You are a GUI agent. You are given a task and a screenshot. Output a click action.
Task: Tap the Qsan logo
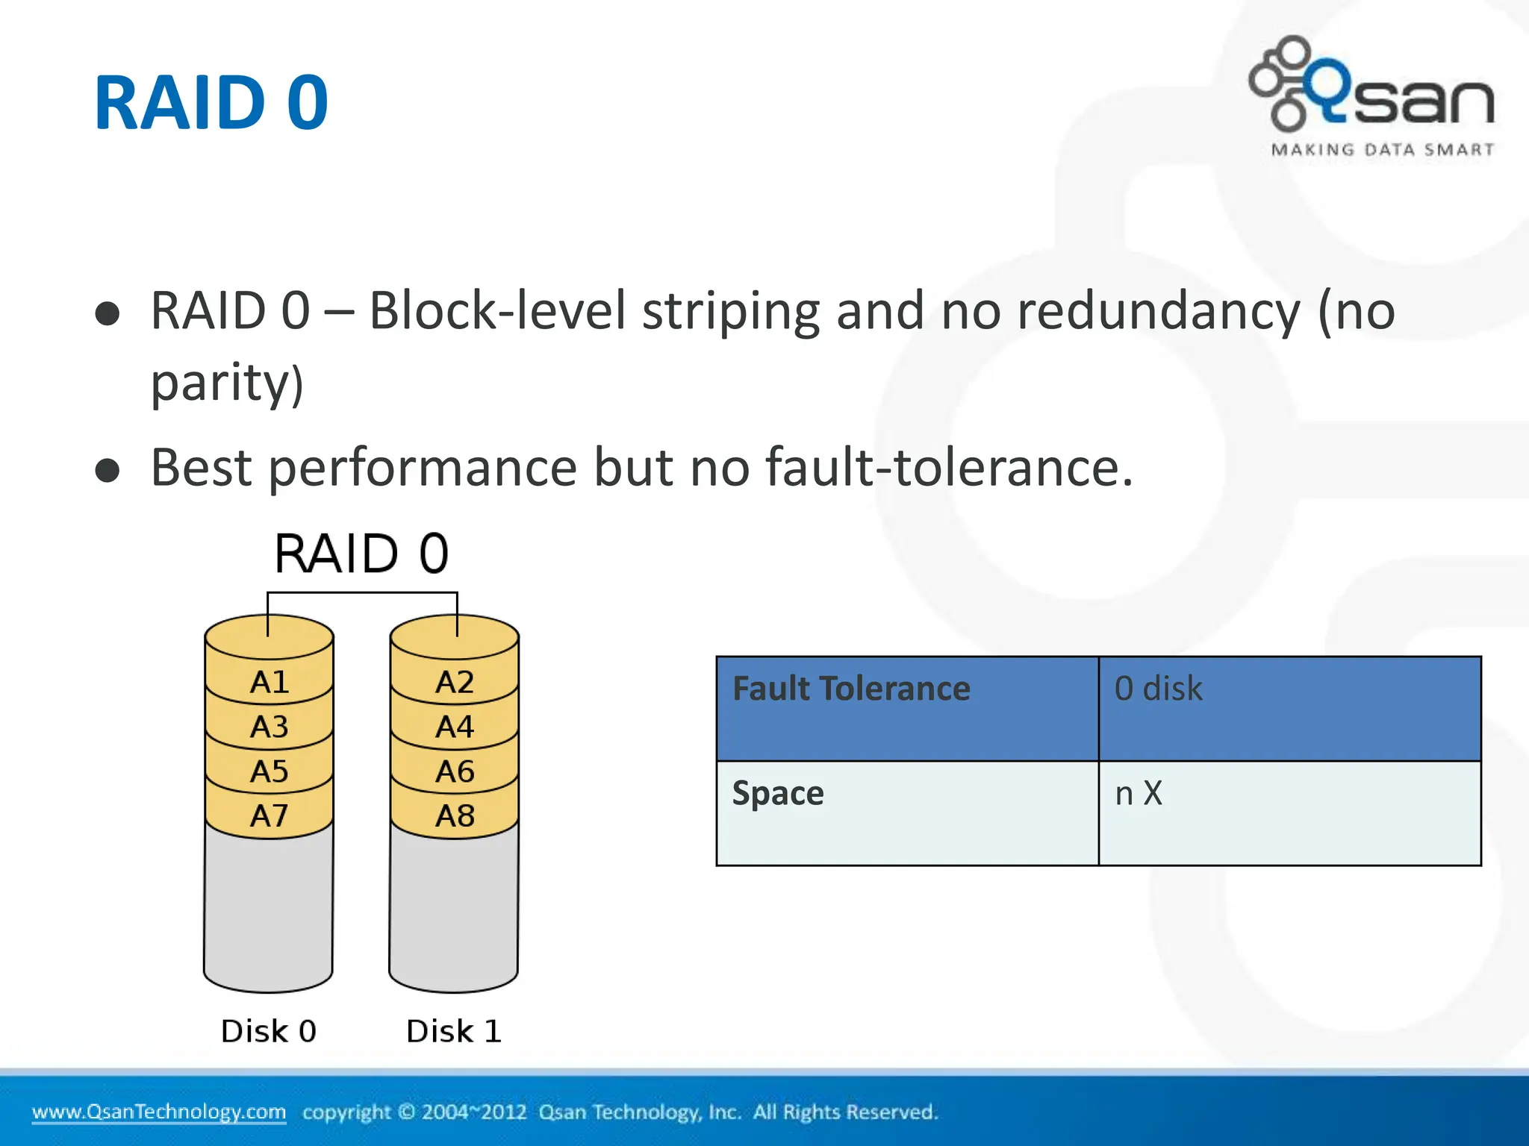point(1372,86)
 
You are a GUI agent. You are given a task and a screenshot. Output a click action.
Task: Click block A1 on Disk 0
point(269,682)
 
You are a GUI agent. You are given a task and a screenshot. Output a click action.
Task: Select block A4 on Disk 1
point(455,727)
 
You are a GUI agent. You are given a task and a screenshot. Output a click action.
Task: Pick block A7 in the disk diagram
point(269,815)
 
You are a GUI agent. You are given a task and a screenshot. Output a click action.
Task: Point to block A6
point(455,771)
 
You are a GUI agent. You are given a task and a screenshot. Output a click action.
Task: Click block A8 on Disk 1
point(455,815)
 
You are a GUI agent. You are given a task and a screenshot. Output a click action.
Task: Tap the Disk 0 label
point(269,1031)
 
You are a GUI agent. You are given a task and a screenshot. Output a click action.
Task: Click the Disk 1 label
point(454,1031)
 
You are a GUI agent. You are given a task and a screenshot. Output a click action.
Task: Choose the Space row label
point(778,793)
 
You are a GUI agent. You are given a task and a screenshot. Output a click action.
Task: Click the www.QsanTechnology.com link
point(159,1112)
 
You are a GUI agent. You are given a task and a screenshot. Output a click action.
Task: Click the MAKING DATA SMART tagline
point(1383,150)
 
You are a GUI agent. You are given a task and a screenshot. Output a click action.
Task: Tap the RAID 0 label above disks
point(361,554)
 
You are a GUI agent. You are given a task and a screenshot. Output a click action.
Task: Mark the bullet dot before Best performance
point(108,471)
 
